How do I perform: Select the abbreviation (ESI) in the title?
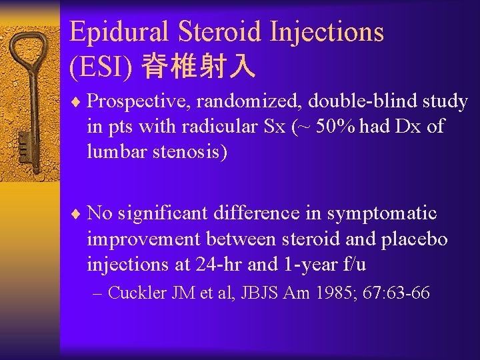(100, 65)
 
